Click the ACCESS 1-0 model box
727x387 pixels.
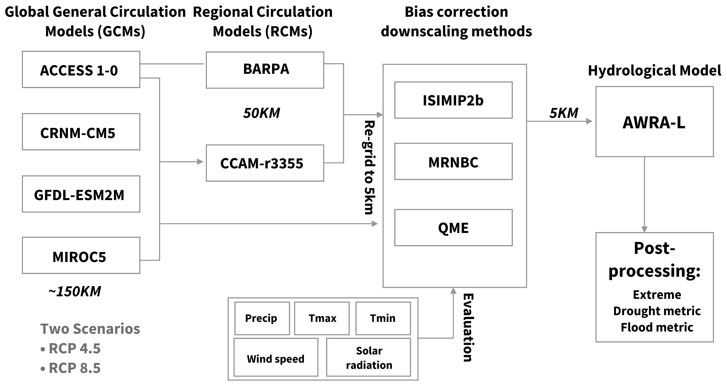point(81,69)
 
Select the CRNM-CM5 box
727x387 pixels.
point(81,132)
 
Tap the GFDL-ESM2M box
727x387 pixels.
point(81,194)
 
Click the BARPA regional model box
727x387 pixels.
point(265,70)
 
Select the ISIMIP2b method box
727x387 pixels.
point(453,100)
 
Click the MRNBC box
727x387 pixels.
point(453,161)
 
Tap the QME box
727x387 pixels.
point(453,228)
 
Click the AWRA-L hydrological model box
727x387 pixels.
point(654,121)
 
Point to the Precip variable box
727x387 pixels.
point(262,318)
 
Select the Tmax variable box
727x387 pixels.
point(322,318)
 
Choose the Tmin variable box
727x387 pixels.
point(383,318)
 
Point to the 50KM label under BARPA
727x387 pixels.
point(261,113)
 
